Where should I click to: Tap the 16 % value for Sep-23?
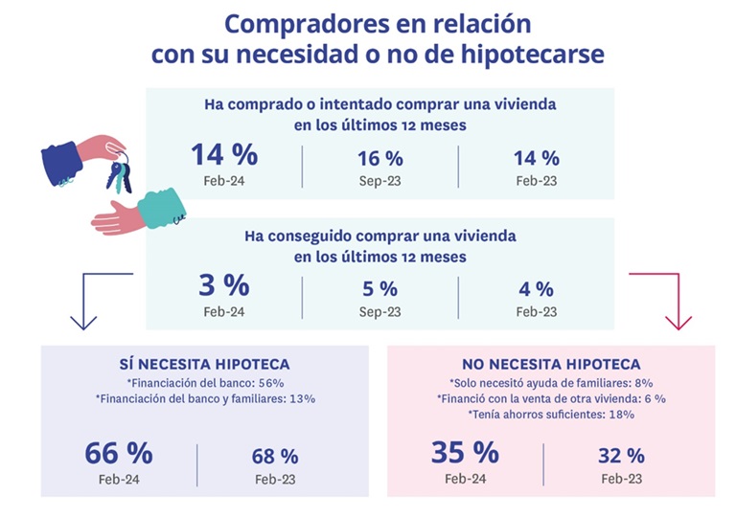(379, 158)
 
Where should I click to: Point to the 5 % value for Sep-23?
(379, 288)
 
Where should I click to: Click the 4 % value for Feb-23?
(536, 288)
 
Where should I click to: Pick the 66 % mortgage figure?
(119, 452)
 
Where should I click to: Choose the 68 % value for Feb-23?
(274, 456)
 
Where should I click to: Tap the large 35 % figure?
(466, 452)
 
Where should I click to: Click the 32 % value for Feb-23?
(621, 456)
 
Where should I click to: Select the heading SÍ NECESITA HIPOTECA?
(204, 364)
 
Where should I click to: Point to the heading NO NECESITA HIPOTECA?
(550, 364)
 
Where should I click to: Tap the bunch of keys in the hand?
(119, 174)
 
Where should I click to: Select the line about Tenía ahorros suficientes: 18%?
(550, 415)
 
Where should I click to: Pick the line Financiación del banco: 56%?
(204, 382)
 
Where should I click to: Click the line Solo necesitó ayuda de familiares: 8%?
(550, 382)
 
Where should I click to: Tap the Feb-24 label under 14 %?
(224, 179)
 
